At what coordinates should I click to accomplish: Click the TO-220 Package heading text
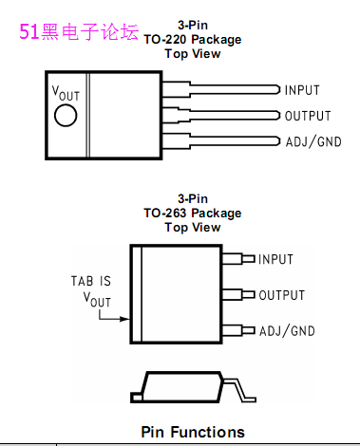click(193, 40)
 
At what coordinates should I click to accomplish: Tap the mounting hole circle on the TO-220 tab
click(66, 116)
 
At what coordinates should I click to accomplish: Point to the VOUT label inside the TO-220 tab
click(66, 93)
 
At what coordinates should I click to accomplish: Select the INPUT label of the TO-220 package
click(302, 90)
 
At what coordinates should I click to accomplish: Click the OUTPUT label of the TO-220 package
click(308, 116)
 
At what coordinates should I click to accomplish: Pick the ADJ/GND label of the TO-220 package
click(313, 141)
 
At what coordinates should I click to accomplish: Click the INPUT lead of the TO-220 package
click(221, 89)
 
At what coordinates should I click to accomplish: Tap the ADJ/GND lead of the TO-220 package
click(221, 141)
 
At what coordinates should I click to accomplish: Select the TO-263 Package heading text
click(193, 214)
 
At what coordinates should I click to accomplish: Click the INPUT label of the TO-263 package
click(275, 259)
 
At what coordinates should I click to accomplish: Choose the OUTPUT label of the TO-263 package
click(282, 295)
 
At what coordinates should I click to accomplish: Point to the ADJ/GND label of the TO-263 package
click(287, 331)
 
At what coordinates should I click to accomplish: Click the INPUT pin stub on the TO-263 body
click(238, 259)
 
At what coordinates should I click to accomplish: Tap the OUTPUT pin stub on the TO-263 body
click(238, 295)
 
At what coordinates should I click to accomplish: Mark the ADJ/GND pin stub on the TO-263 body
click(238, 330)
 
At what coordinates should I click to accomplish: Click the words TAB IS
click(91, 281)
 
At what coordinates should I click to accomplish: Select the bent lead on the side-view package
click(239, 390)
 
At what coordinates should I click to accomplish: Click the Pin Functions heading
click(193, 432)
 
